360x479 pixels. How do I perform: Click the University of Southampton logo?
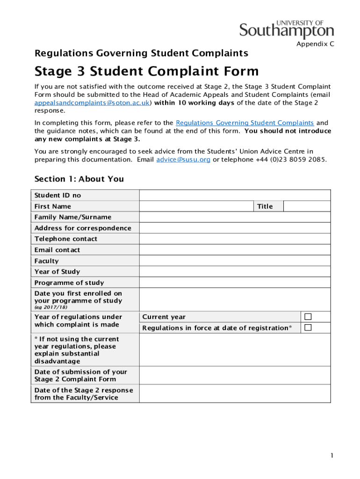(287, 29)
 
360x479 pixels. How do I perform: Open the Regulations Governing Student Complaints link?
(245, 123)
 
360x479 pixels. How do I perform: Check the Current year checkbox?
(308, 317)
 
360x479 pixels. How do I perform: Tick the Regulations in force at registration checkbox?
(308, 327)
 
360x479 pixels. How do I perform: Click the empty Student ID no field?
(235, 195)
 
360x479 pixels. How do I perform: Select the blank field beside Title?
(307, 206)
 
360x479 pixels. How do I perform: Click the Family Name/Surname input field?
(235, 217)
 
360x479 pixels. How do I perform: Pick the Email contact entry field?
(235, 250)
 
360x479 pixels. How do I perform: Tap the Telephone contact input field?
(235, 239)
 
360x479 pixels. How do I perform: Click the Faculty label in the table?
(47, 261)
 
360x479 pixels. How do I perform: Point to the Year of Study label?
(57, 272)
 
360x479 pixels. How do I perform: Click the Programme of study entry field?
(235, 283)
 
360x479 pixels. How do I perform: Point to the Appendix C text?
(315, 44)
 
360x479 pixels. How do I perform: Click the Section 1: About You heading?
(79, 179)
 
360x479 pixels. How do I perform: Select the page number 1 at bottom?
(331, 455)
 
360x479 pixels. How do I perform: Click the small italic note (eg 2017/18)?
(50, 307)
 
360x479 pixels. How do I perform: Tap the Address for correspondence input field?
(235, 228)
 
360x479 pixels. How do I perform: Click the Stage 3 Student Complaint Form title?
(146, 72)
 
